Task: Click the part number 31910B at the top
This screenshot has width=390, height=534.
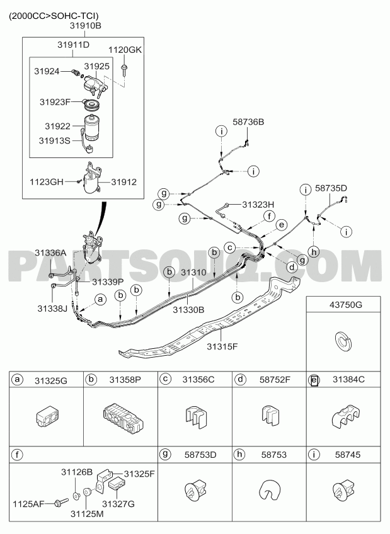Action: click(x=86, y=26)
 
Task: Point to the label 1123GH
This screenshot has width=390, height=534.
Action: click(x=47, y=182)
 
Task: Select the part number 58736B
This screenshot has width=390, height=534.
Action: click(x=248, y=122)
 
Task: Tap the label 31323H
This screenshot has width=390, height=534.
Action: click(x=258, y=204)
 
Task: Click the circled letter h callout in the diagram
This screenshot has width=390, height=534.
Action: click(x=314, y=252)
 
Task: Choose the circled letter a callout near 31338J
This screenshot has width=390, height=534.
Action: click(x=100, y=299)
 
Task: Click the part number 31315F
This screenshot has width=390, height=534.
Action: click(x=222, y=347)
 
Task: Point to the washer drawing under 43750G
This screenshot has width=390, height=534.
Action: click(x=342, y=343)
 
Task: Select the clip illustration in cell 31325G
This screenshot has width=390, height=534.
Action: click(x=47, y=416)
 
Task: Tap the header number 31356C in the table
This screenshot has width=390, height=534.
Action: click(x=198, y=379)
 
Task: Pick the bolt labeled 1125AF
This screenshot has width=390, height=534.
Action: click(x=61, y=502)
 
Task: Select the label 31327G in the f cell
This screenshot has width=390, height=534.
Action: click(x=119, y=503)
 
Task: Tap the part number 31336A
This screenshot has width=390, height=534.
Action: click(x=50, y=253)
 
